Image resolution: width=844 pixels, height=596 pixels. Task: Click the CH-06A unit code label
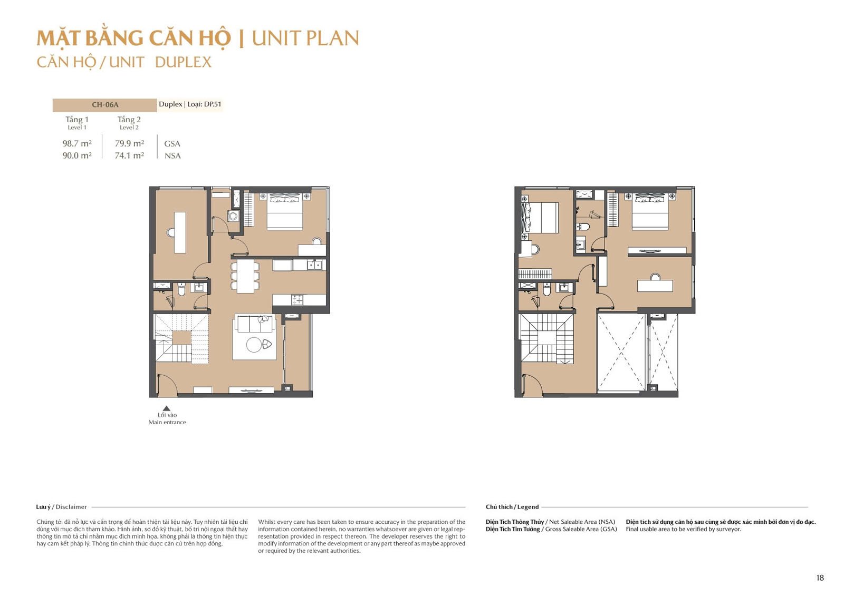pyautogui.click(x=105, y=105)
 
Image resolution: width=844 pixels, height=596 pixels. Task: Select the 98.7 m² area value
pyautogui.click(x=77, y=143)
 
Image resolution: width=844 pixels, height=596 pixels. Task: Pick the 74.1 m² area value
pyautogui.click(x=129, y=155)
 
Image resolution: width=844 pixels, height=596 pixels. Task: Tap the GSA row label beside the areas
pyautogui.click(x=172, y=144)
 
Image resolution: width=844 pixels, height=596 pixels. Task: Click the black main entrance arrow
pyautogui.click(x=167, y=408)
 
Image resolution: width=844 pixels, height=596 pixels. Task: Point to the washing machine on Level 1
pyautogui.click(x=233, y=216)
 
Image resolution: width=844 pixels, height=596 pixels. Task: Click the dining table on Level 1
pyautogui.click(x=245, y=276)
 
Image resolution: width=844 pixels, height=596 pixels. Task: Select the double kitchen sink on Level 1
pyautogui.click(x=314, y=265)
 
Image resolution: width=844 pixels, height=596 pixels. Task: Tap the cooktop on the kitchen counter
pyautogui.click(x=297, y=300)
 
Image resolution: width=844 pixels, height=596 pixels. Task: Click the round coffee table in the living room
pyautogui.click(x=254, y=345)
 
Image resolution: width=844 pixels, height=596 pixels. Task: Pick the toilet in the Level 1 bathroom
pyautogui.click(x=181, y=289)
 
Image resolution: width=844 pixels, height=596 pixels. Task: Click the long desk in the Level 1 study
pyautogui.click(x=180, y=232)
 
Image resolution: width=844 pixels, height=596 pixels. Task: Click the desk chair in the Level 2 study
pyautogui.click(x=655, y=277)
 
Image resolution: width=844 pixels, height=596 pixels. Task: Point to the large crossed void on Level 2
pyautogui.click(x=621, y=353)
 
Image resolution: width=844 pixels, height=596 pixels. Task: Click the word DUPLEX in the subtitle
pyautogui.click(x=183, y=62)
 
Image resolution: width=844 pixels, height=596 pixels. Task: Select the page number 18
pyautogui.click(x=820, y=578)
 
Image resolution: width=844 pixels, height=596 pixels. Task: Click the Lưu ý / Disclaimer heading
pyautogui.click(x=61, y=507)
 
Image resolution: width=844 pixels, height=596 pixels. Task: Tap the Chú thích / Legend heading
pyautogui.click(x=512, y=507)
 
